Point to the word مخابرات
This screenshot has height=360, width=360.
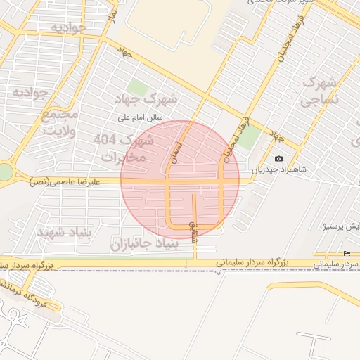click(x=122, y=157)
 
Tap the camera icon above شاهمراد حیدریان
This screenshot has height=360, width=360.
click(x=278, y=159)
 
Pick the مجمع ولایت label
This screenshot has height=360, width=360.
click(x=59, y=122)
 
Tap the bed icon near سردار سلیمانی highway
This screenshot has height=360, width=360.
click(x=347, y=253)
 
